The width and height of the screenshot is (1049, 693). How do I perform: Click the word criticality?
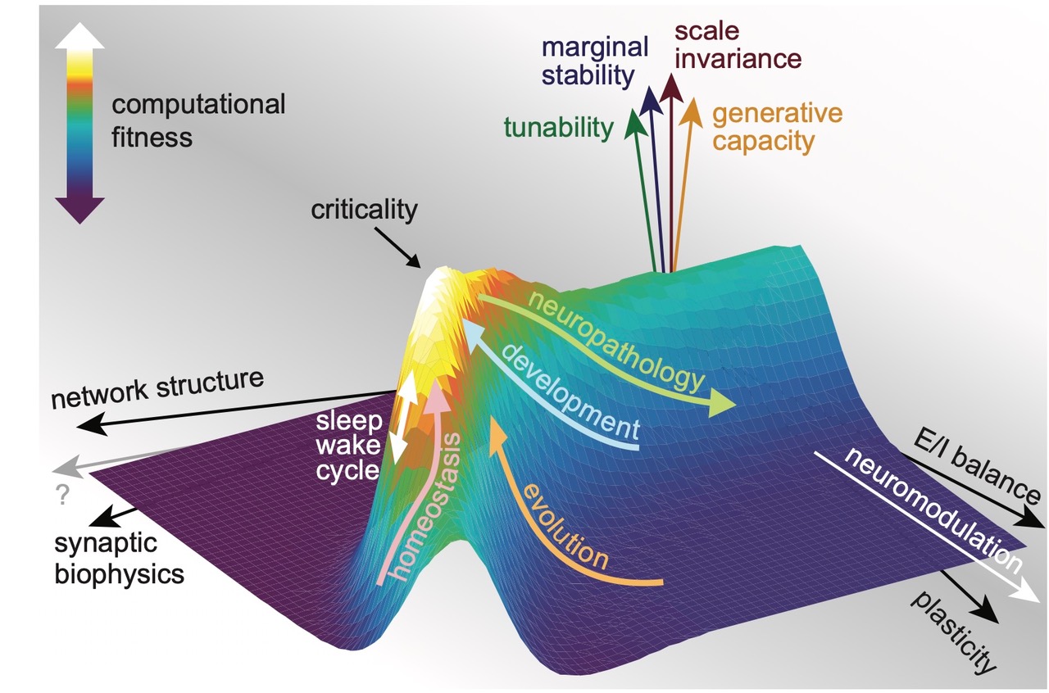(364, 210)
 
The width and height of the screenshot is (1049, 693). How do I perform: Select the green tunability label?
(558, 127)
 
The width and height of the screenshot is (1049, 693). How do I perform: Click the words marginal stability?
(589, 62)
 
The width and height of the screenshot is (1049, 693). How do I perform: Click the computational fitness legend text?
(198, 120)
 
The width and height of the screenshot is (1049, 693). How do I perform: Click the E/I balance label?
(974, 466)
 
